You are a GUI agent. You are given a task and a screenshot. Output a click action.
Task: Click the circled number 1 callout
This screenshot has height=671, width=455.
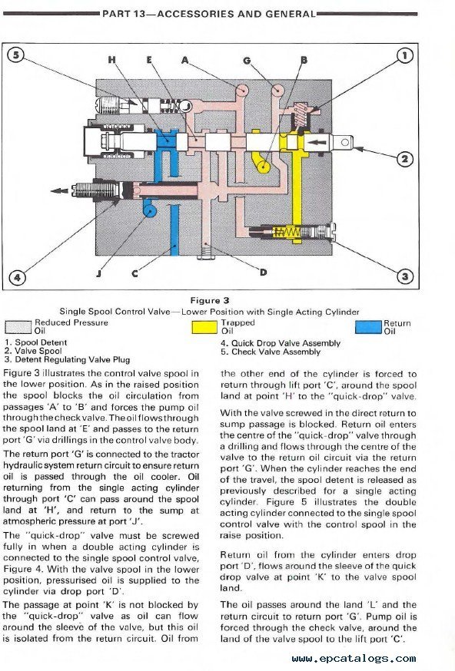tap(404, 55)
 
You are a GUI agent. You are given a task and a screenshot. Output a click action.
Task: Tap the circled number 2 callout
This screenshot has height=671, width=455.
tap(404, 159)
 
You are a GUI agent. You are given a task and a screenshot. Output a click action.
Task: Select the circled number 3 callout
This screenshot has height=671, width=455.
tap(404, 276)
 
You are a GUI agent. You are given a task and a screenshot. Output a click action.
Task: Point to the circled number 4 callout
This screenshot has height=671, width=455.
tap(17, 277)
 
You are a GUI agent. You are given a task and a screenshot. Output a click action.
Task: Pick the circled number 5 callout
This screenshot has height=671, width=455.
tap(16, 55)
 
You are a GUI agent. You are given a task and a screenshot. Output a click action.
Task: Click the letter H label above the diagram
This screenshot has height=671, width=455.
tap(111, 59)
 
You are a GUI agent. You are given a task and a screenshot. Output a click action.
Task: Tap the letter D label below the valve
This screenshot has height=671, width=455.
tap(263, 272)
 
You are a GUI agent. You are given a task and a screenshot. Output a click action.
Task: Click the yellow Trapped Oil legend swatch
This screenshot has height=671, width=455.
tap(204, 327)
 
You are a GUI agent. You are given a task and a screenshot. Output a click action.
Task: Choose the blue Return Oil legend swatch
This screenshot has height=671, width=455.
tap(368, 327)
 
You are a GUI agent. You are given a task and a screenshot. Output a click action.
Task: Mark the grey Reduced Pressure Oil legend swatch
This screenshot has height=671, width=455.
tap(18, 327)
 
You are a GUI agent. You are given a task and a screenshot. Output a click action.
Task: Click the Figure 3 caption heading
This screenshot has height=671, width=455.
tap(210, 300)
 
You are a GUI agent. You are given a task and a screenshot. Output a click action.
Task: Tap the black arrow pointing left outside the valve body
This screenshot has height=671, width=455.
tap(59, 190)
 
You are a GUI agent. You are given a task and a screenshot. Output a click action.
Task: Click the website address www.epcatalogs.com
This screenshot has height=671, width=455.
tap(354, 658)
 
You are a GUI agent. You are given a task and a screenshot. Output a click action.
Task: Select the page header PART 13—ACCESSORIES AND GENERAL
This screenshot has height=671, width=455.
tap(209, 14)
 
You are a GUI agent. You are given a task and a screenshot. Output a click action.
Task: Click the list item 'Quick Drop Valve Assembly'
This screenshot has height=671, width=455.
tap(281, 343)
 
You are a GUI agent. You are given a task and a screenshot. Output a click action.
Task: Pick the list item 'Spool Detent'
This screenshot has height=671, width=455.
tap(36, 342)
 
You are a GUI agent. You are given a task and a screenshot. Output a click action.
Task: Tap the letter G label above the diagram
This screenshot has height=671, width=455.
tap(247, 61)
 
